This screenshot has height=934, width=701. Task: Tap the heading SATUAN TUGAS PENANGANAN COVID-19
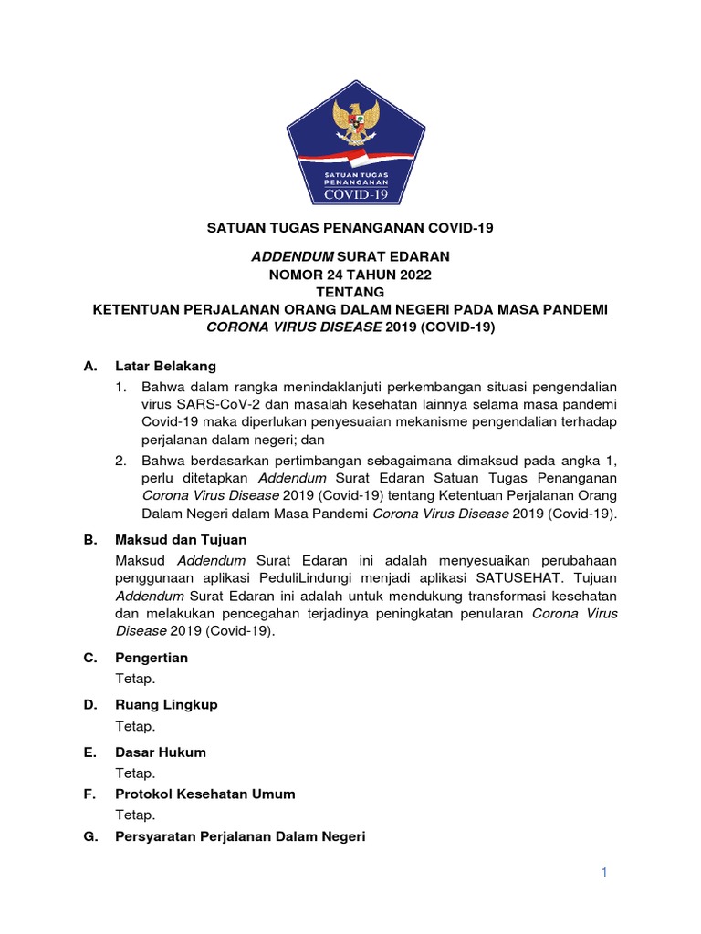350,228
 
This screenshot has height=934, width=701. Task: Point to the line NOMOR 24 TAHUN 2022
350,275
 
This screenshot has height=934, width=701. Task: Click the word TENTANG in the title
350,292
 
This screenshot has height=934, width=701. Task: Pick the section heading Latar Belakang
165,366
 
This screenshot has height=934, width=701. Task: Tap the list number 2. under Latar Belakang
120,461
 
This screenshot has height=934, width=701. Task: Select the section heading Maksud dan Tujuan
181,539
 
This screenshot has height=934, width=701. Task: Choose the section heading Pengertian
152,658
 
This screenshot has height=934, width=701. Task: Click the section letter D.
89,705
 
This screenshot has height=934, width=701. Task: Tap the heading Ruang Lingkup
166,705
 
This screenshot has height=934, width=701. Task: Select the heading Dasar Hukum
161,752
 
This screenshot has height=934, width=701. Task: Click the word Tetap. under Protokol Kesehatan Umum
135,815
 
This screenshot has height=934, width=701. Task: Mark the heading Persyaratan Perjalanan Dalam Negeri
240,835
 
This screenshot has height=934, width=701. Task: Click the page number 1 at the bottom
603,873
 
